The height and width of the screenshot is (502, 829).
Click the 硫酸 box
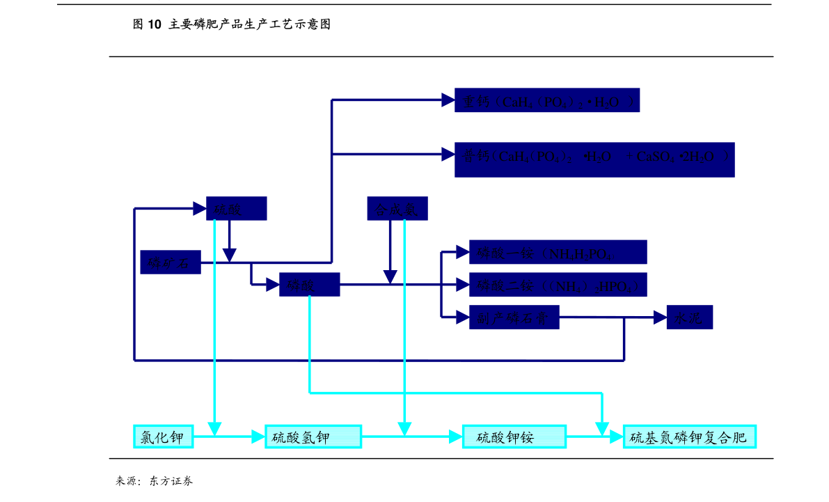point(236,209)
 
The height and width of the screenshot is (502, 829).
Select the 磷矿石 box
point(171,262)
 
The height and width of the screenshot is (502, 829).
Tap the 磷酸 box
point(310,285)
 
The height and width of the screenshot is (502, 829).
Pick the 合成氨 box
point(397,209)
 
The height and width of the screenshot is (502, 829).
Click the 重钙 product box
point(547,101)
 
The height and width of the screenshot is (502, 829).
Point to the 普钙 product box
point(594,159)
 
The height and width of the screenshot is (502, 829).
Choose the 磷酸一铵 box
point(558,252)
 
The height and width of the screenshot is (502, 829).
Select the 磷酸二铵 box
point(558,285)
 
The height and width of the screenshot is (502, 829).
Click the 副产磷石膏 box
point(514,317)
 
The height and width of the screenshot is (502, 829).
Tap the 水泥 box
point(690,317)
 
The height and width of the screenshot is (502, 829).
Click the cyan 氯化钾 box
point(164,437)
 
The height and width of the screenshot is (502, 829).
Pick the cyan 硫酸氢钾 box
point(313,437)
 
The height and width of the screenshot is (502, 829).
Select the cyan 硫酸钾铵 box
point(514,437)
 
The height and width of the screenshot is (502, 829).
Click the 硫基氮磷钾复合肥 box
point(689,437)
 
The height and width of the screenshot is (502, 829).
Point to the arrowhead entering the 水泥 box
point(660,317)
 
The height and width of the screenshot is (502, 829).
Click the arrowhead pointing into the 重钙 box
point(448,100)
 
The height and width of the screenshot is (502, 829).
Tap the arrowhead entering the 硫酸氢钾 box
point(258,437)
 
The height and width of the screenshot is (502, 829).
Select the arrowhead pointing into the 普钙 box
point(448,154)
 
